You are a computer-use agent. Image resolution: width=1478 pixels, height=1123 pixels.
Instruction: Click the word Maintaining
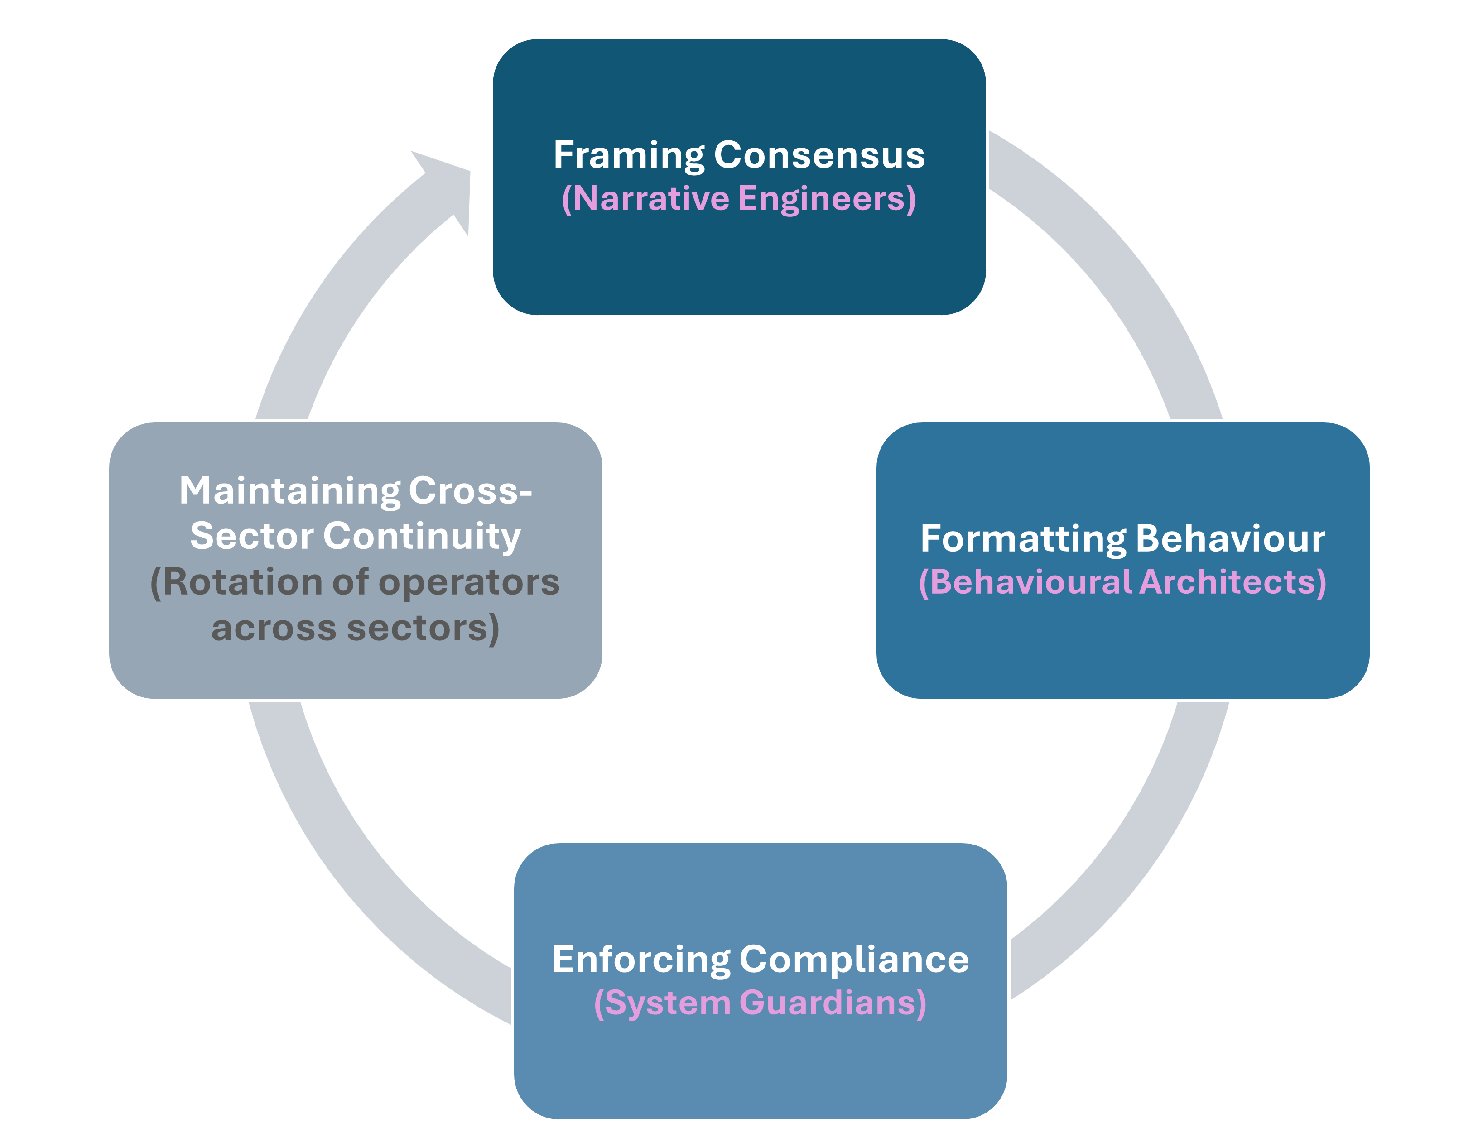pos(289,491)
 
